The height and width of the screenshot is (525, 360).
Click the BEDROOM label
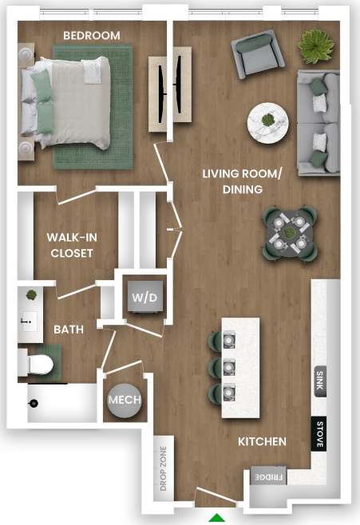[x=92, y=36]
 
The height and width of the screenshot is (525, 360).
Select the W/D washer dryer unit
[x=144, y=297]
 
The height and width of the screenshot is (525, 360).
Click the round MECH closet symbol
[x=124, y=399]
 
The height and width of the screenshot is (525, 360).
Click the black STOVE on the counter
[x=319, y=435]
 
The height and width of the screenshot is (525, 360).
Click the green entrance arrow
[x=216, y=518]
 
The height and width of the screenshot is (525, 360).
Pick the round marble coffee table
[x=268, y=122]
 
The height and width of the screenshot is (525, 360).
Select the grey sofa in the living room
[x=318, y=123]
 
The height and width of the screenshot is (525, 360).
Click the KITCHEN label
[x=262, y=441]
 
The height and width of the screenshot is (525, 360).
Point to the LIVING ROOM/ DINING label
[x=232, y=181]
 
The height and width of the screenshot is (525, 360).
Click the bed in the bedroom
[x=68, y=103]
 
